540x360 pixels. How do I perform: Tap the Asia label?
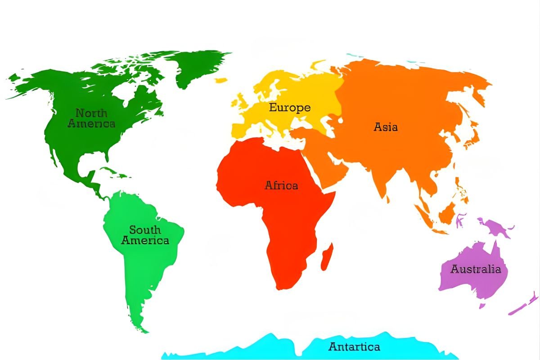[x=386, y=127]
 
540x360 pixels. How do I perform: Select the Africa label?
[x=281, y=185]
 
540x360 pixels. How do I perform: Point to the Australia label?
[x=476, y=269]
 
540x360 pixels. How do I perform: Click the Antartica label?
[x=354, y=346]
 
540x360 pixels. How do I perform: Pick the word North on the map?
[x=91, y=112]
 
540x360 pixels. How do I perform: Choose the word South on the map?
[x=145, y=230]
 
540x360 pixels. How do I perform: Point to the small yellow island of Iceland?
[x=220, y=81]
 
